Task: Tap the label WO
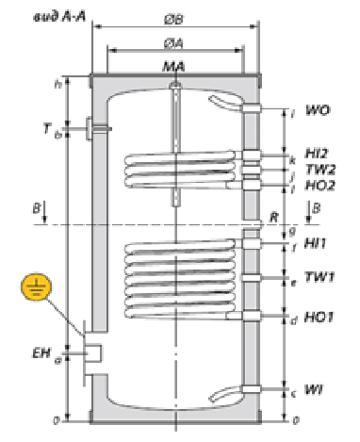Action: point(318,115)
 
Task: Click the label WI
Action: point(314,388)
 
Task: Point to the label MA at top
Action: point(173,67)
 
